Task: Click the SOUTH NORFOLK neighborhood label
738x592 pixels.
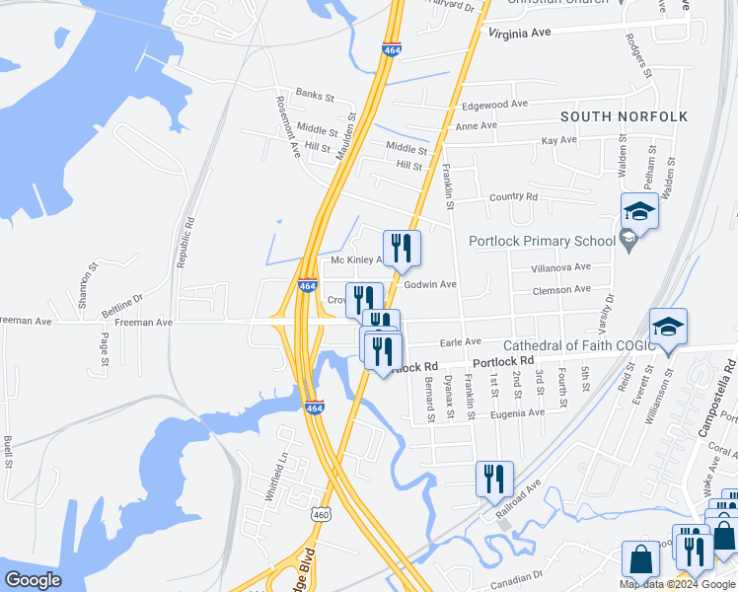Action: (624, 116)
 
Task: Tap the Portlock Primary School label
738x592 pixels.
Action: (542, 240)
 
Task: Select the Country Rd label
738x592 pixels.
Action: (513, 197)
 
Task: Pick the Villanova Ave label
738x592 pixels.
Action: (560, 266)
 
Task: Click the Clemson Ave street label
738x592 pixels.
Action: (560, 289)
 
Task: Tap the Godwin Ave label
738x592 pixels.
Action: (430, 284)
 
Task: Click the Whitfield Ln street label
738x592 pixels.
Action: (276, 478)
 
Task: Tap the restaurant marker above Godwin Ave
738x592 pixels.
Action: (402, 248)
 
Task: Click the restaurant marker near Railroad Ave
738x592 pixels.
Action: (494, 479)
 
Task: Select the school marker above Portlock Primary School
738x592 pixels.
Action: (639, 210)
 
